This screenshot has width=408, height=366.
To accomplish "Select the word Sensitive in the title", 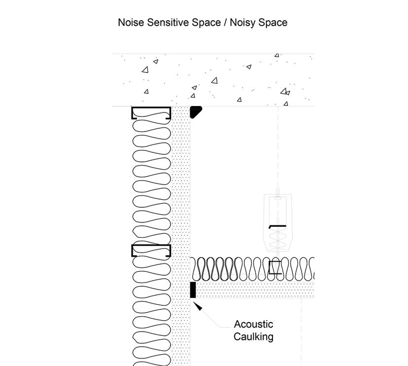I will click(x=165, y=23).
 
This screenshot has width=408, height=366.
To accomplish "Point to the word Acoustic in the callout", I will click(x=253, y=325).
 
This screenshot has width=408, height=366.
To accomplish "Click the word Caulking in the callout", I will click(x=253, y=337).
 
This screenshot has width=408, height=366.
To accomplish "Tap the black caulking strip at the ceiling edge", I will click(x=193, y=290).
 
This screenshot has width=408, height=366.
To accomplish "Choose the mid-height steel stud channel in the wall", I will click(x=151, y=251).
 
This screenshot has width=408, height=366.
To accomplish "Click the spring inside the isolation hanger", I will click(x=278, y=242).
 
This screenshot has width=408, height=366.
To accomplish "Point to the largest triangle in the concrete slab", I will click(x=214, y=80).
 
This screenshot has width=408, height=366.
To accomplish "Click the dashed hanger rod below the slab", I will click(x=278, y=148).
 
